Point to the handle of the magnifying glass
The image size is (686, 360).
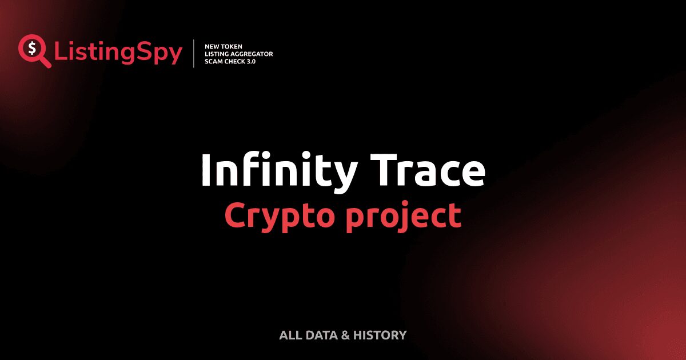tap(45, 62)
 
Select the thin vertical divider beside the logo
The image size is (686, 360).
tap(194, 54)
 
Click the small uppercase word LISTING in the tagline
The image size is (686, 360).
tap(216, 54)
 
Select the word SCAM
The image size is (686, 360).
tap(214, 61)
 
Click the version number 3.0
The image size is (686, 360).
tap(252, 61)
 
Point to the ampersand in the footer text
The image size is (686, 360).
tap(345, 335)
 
